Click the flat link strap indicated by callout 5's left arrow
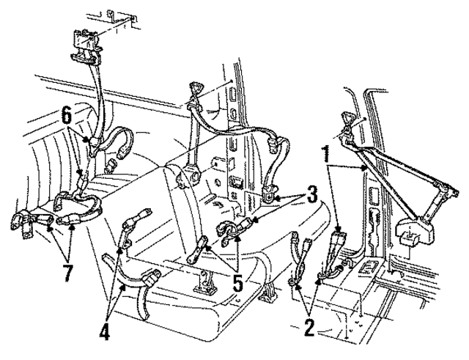click(x=199, y=254)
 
